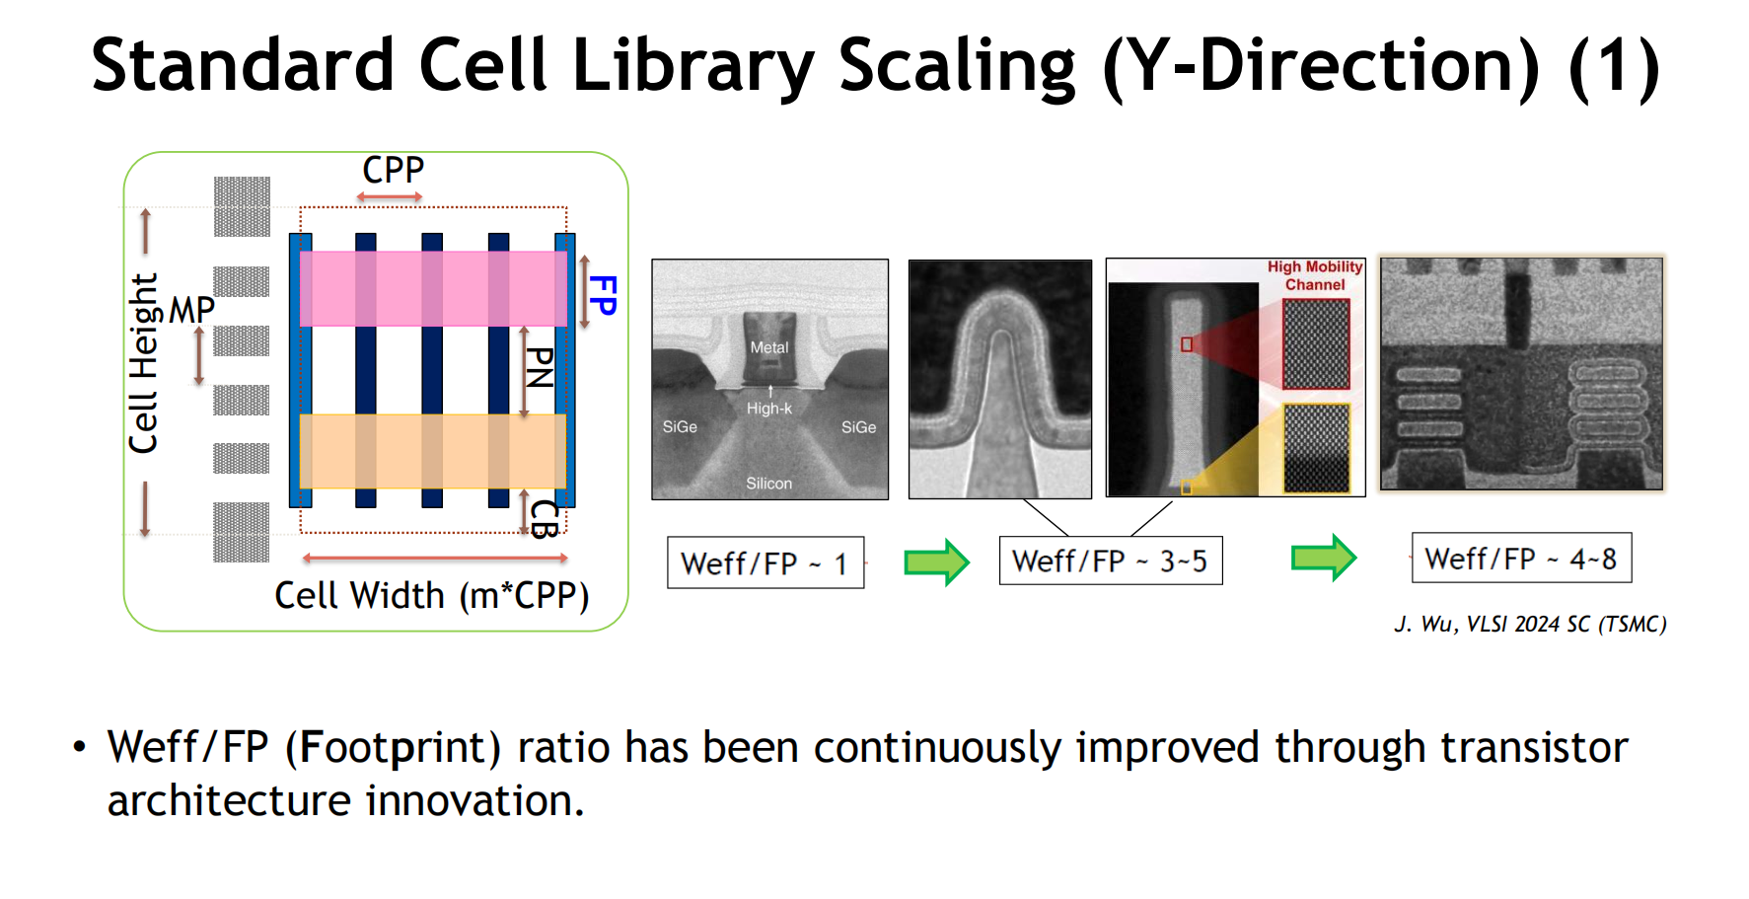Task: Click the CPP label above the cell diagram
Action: pos(393,170)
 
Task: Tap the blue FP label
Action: pos(602,295)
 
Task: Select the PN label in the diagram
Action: pos(539,367)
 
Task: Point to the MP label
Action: pos(191,310)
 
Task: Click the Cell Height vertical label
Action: pos(144,363)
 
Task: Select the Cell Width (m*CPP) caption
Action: pos(432,596)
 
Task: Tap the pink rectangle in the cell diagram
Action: pos(433,288)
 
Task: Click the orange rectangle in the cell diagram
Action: pos(433,451)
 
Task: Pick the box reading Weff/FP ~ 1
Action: pos(765,562)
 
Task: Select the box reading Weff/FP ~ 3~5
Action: pos(1111,561)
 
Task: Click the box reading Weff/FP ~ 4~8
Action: pos(1521,559)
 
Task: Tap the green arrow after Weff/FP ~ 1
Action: pos(937,562)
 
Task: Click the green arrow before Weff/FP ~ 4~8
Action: pos(1324,559)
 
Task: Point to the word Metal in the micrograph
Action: pos(769,347)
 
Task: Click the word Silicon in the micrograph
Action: pos(769,484)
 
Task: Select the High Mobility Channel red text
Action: pos(1315,275)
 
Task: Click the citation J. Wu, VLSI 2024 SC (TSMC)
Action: pos(1530,624)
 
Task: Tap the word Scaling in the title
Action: pos(957,67)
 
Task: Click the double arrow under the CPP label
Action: pos(390,197)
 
